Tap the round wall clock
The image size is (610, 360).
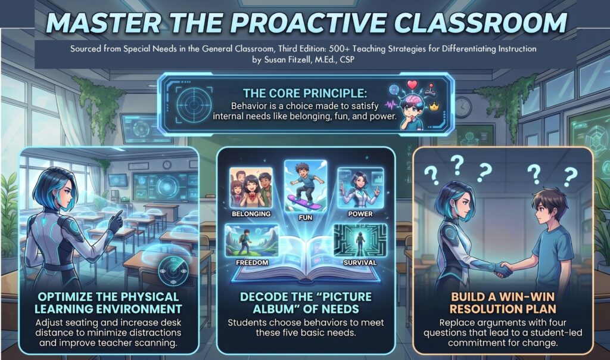462,107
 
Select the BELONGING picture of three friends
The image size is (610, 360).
251,188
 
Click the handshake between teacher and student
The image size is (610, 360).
503,270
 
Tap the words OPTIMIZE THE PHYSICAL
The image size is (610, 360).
108,296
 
